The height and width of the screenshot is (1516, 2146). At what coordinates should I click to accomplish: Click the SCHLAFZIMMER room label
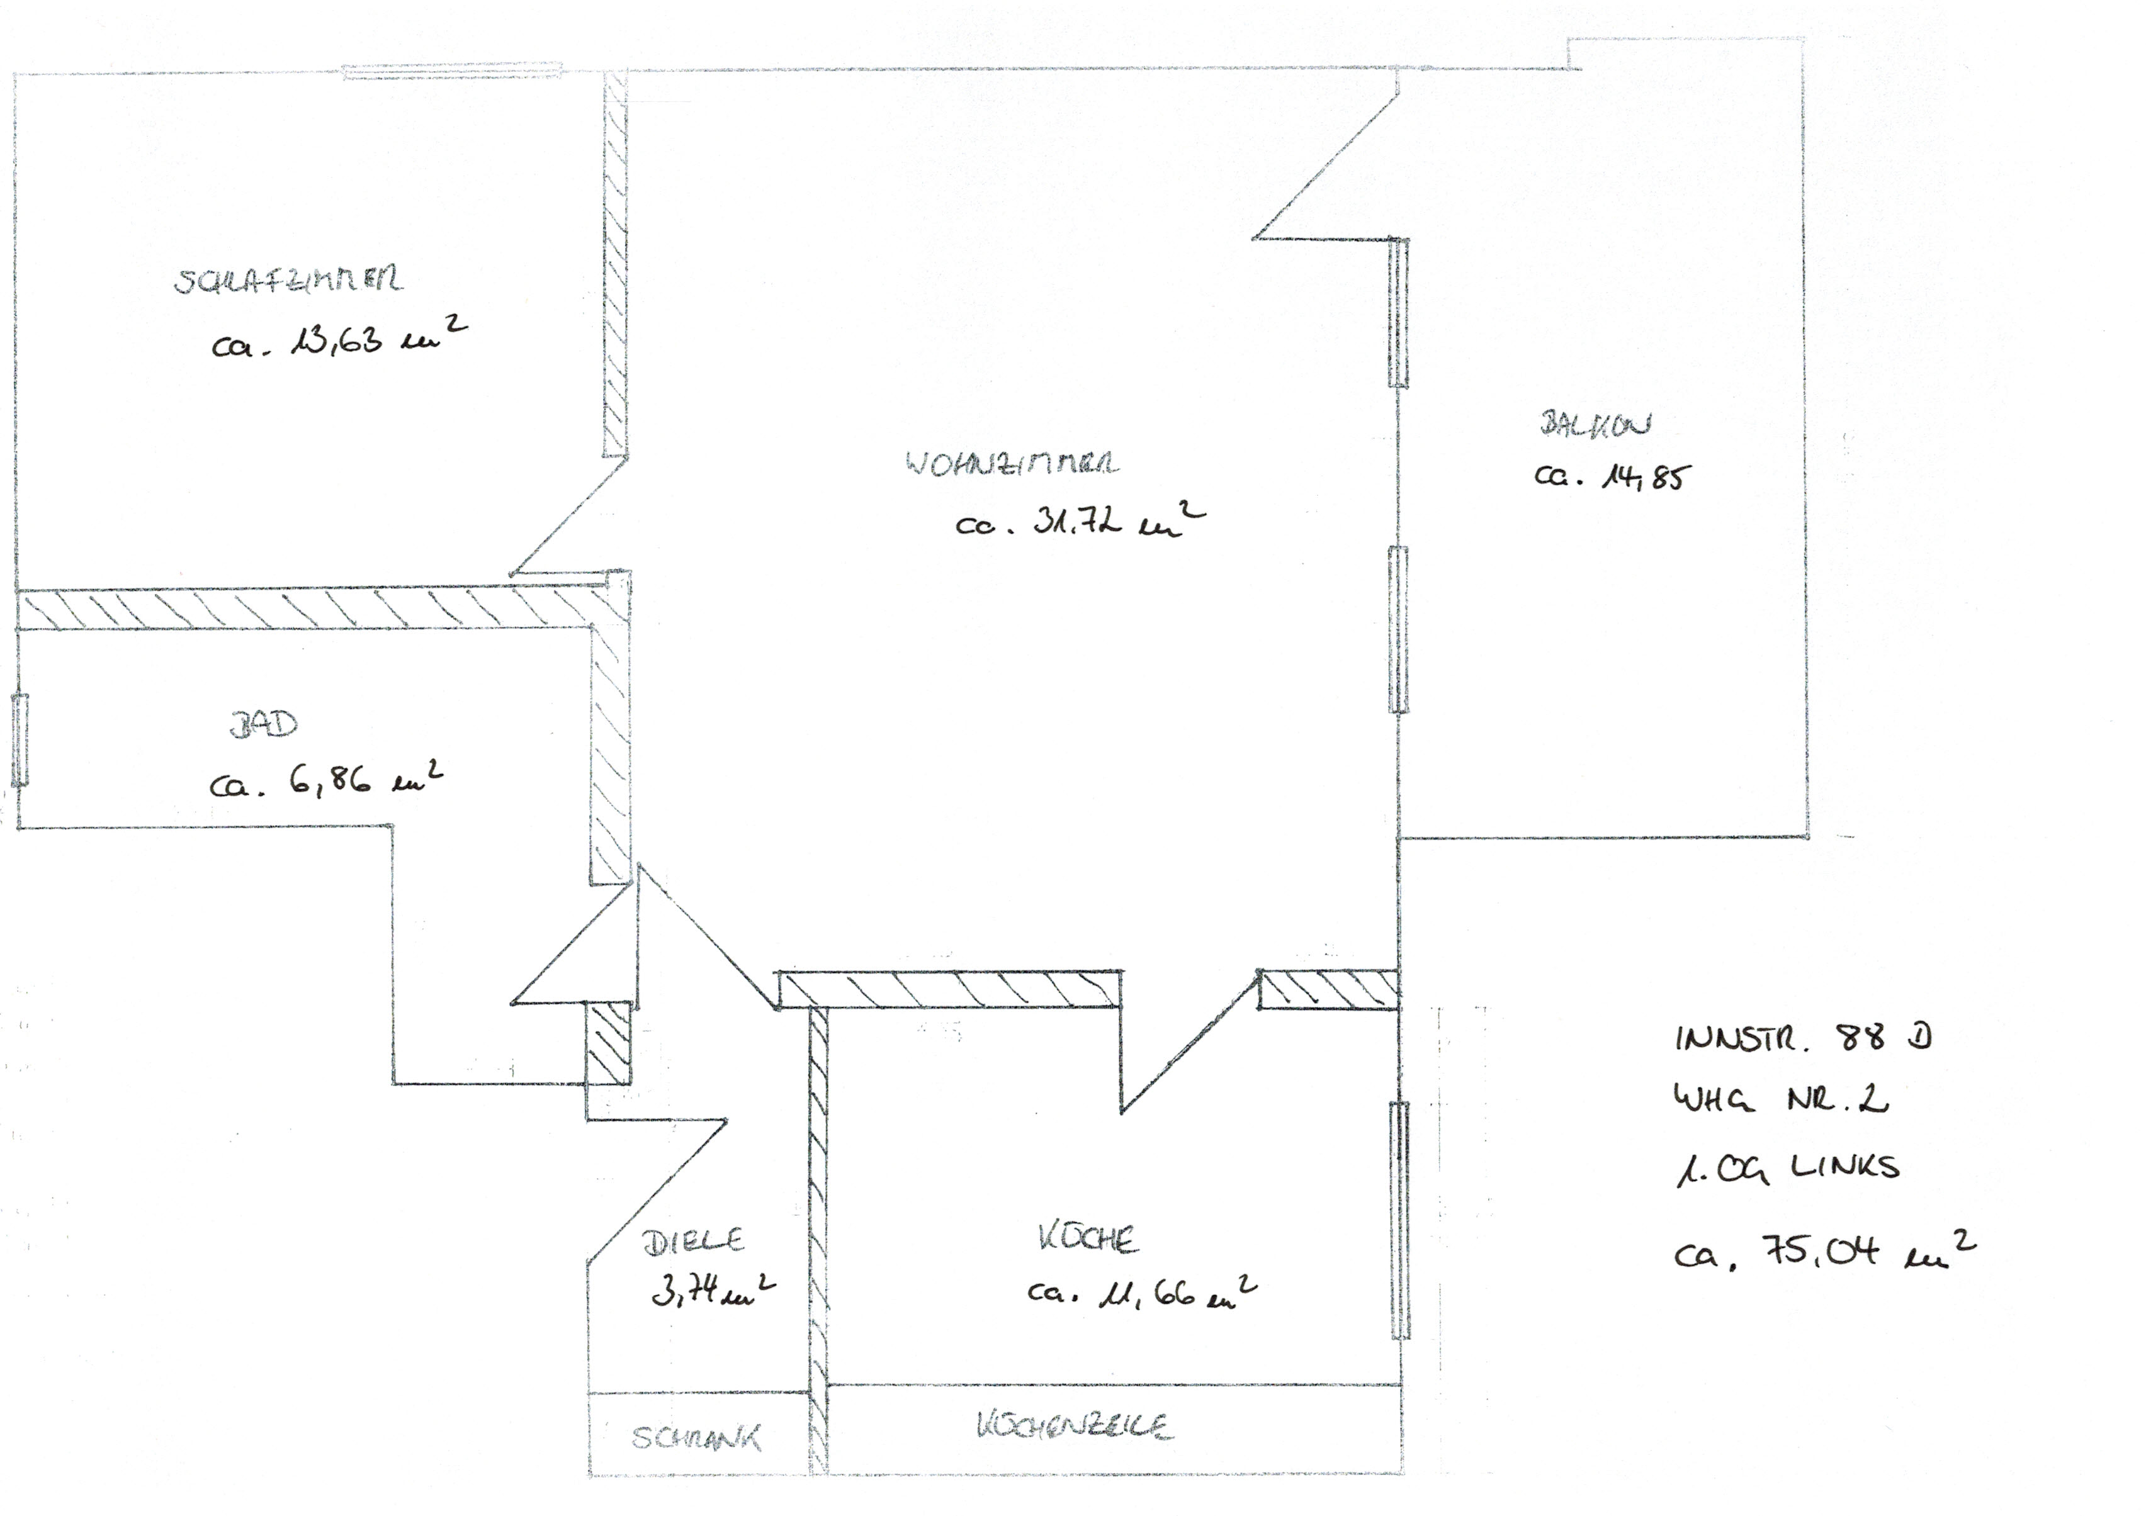coord(288,281)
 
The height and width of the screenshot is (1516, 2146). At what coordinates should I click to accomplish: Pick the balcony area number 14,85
coord(1612,476)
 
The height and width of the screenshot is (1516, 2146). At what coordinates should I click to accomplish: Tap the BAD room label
coord(264,726)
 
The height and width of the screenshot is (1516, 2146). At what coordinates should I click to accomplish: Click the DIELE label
coord(692,1241)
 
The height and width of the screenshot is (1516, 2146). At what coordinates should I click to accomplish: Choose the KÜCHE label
coord(1087,1238)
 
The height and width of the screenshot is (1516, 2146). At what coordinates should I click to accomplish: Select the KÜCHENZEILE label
coord(1075,1426)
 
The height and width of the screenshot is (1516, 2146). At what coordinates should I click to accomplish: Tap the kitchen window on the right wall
coord(1399,1219)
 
